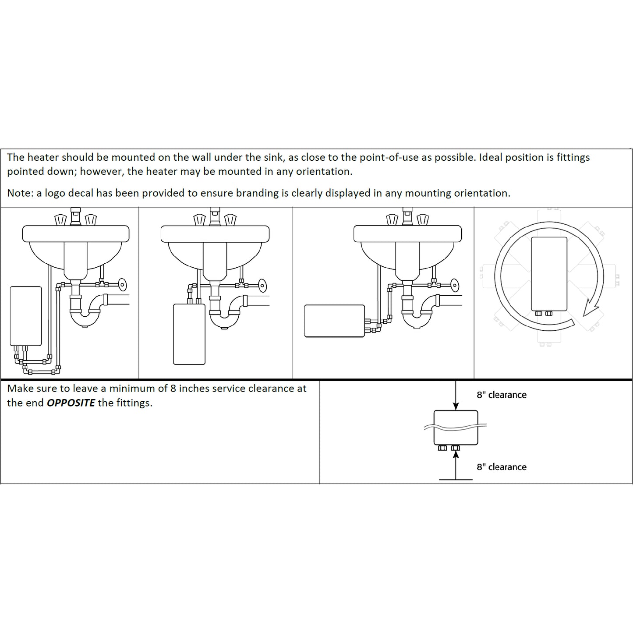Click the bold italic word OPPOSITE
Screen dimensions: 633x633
tap(71, 403)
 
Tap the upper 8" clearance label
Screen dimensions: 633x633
tap(501, 395)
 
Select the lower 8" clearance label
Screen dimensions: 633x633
tap(501, 467)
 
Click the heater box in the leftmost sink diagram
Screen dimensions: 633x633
tap(26, 316)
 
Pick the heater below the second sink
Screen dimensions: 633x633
tap(189, 334)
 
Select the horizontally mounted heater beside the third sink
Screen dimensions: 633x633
tap(334, 321)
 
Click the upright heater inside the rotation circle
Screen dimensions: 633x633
tap(549, 273)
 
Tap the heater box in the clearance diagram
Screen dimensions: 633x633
tap(456, 427)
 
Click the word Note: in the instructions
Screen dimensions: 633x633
tap(20, 193)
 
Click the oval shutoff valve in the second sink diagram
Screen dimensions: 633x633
tap(262, 285)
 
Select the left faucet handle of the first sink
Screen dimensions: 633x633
tap(60, 219)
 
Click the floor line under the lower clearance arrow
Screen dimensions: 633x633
tap(456, 480)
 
